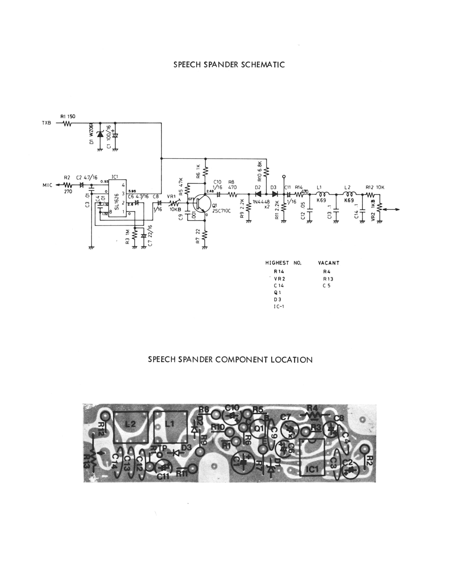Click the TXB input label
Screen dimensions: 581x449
pyautogui.click(x=46, y=123)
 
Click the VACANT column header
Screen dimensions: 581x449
pyautogui.click(x=329, y=263)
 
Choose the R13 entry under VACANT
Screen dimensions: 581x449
pyautogui.click(x=328, y=279)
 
